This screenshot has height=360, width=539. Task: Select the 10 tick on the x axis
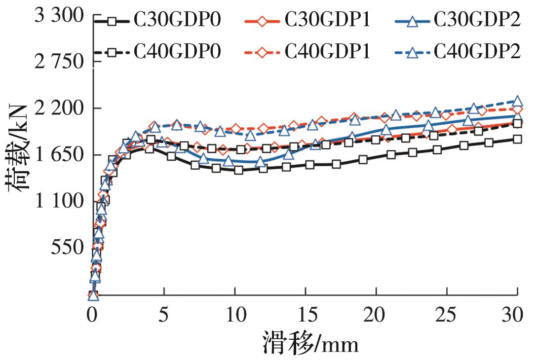click(x=234, y=314)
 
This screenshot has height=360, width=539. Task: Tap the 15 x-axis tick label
click(x=306, y=314)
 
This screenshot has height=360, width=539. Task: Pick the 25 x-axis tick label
click(x=447, y=314)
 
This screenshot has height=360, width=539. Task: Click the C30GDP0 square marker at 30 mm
click(x=517, y=139)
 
